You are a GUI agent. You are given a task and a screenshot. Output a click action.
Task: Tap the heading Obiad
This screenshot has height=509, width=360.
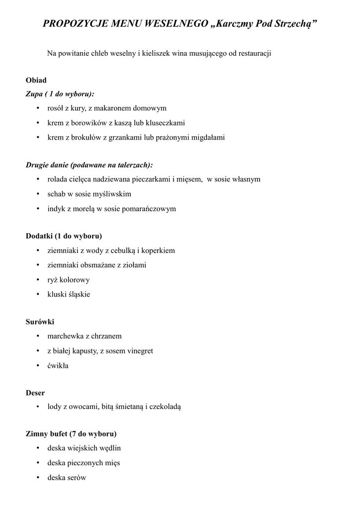point(36,80)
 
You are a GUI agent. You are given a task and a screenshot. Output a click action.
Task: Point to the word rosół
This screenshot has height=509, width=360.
point(56,108)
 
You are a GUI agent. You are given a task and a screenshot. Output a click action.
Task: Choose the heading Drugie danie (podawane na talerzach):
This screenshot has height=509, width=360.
point(89,165)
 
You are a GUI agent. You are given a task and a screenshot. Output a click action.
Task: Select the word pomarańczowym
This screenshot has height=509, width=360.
point(152,209)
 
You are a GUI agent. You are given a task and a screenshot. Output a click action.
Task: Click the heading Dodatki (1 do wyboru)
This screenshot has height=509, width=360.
point(64,236)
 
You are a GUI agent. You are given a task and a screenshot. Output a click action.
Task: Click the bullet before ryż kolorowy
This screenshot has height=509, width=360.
point(38,280)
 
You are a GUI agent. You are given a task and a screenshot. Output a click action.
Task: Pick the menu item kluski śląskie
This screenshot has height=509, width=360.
point(69,294)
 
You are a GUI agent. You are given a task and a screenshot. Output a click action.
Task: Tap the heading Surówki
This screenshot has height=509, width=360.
point(40,322)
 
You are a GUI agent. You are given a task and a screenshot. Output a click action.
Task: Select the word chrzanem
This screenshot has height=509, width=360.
point(106,336)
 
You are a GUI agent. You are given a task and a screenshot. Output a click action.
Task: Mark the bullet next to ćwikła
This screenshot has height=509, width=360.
point(38,366)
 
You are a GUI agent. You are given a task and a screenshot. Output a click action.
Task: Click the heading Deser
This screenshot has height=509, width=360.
point(35,393)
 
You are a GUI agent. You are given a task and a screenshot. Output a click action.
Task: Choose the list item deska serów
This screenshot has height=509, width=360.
point(67,478)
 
